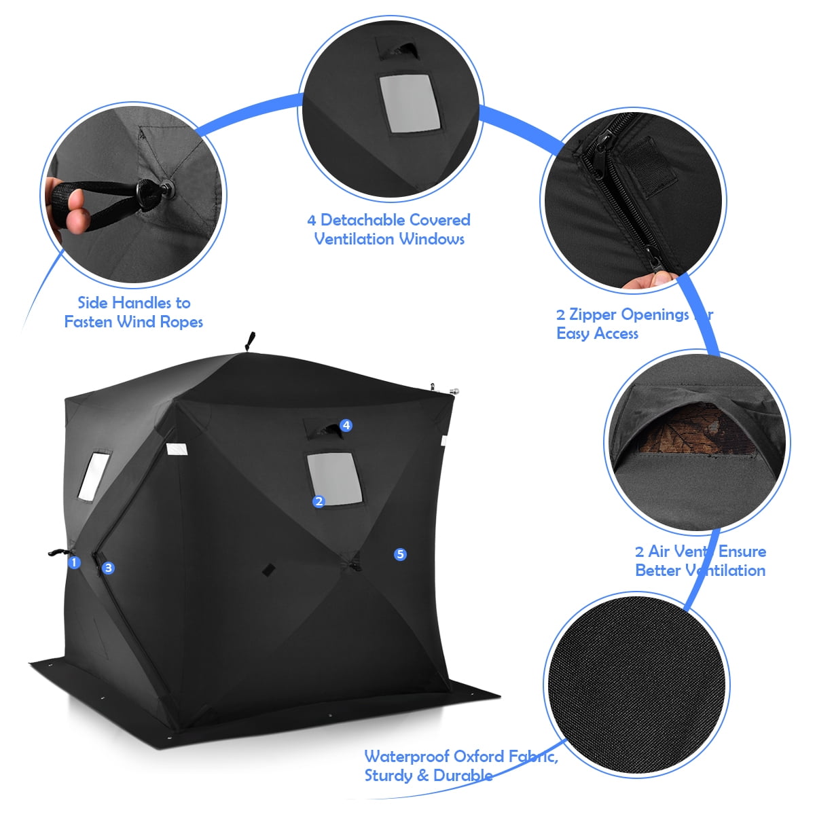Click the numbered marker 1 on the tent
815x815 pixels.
75,562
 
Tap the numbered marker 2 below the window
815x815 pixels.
319,502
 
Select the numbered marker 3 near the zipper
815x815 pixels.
109,568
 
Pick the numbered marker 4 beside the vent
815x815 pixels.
346,425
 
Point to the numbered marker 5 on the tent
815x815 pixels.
400,554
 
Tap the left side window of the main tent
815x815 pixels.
94,475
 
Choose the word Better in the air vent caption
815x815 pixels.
657,570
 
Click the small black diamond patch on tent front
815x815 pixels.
268,568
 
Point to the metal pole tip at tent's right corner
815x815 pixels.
454,391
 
